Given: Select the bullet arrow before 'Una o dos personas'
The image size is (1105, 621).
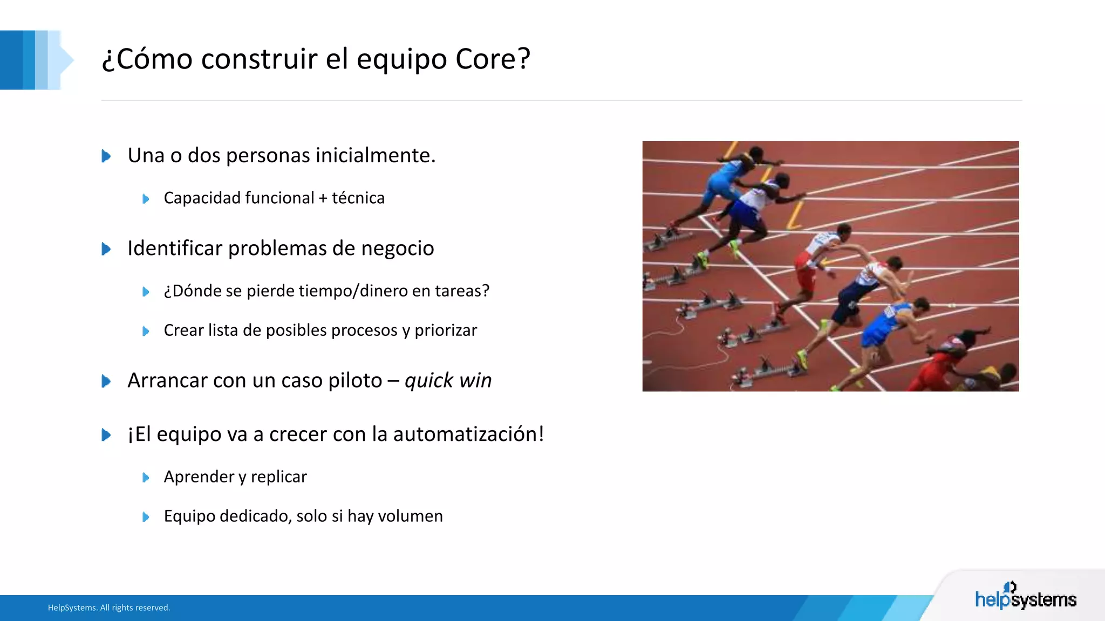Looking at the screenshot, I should click(x=106, y=156).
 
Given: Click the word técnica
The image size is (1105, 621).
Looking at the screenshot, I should click(x=358, y=198).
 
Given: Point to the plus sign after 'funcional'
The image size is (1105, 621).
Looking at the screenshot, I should click(x=323, y=198).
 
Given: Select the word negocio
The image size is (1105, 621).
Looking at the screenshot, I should click(x=398, y=248).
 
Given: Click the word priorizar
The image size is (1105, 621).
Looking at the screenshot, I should click(x=446, y=330).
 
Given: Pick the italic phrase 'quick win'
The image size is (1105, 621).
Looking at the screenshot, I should click(x=448, y=380).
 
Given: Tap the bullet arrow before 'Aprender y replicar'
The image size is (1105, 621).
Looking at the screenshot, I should click(x=146, y=478).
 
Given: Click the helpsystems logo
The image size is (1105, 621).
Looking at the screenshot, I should click(x=1025, y=597).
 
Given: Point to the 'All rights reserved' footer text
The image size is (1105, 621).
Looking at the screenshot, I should click(x=135, y=608).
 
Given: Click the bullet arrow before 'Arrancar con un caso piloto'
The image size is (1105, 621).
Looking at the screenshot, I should click(x=106, y=381).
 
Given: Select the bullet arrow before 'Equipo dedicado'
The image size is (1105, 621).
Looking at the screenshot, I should click(x=146, y=517).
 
